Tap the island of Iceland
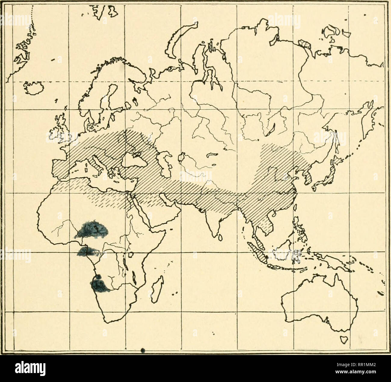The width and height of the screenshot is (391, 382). pyautogui.click(x=33, y=87)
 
